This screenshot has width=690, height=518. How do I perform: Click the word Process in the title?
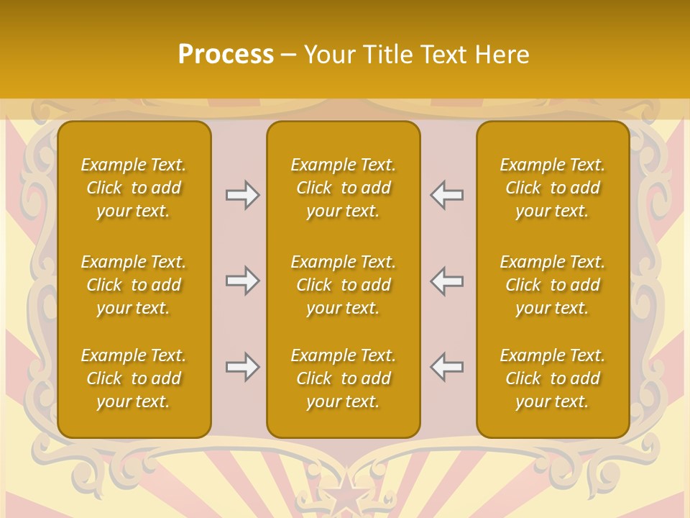click(226, 55)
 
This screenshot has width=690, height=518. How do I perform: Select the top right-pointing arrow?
click(242, 195)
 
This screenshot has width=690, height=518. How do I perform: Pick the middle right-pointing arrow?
click(242, 281)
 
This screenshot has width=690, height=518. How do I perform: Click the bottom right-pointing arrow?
click(242, 367)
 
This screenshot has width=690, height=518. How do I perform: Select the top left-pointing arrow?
click(446, 195)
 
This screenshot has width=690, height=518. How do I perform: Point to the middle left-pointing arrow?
click(446, 281)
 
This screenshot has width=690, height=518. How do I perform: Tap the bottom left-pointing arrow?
click(446, 367)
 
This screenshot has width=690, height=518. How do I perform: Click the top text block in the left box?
click(134, 188)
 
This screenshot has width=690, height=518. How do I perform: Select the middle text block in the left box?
click(134, 285)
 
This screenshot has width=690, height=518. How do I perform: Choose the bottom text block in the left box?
click(134, 378)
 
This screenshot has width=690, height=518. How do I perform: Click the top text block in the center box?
click(343, 188)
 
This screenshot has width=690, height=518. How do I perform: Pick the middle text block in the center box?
click(343, 285)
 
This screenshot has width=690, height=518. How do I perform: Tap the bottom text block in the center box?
click(343, 378)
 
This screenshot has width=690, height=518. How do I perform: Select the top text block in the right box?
click(552, 188)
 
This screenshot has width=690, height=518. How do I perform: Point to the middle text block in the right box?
click(552, 285)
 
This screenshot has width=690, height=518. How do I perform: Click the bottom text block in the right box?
click(552, 378)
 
